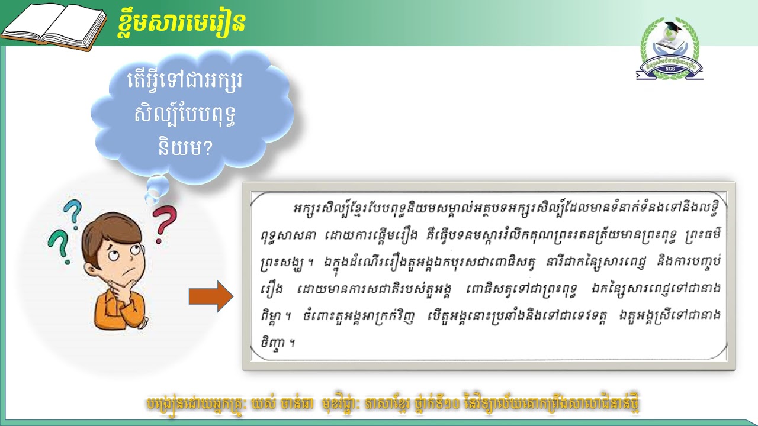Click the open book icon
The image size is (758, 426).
coord(53,26)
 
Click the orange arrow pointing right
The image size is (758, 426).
coord(211,296)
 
